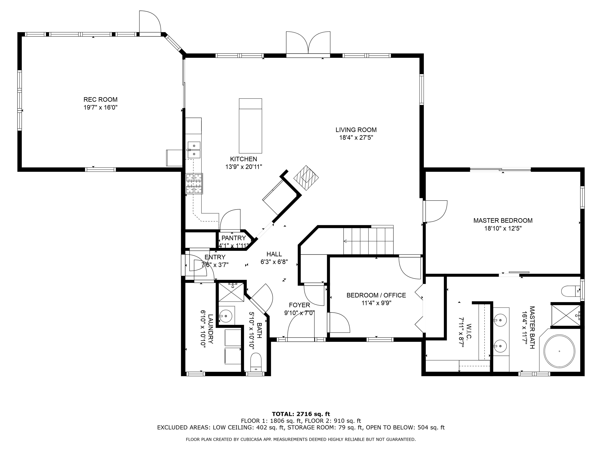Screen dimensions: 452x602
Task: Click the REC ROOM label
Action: click(x=100, y=99)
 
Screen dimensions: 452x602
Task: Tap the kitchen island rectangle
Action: click(x=250, y=126)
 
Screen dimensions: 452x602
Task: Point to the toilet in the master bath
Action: click(x=570, y=291)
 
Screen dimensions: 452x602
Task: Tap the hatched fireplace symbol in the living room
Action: click(x=306, y=178)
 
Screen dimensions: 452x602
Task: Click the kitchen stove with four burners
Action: click(x=194, y=183)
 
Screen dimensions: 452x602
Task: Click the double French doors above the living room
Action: click(x=308, y=44)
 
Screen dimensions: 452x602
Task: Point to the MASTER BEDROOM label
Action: click(x=503, y=221)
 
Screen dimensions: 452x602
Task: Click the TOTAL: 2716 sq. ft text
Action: click(x=301, y=414)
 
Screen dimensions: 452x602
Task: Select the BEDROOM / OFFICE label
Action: click(x=376, y=295)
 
